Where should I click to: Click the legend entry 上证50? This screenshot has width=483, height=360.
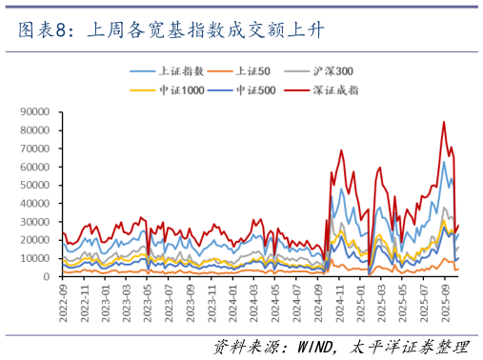coord(252,70)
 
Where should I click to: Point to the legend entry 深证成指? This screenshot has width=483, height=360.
coord(333,90)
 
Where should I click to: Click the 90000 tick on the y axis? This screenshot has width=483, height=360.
coord(35,111)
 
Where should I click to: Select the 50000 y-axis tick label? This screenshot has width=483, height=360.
coord(35,185)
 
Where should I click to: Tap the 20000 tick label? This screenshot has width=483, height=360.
coord(35,240)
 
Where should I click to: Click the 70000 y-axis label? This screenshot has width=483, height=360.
coord(35,149)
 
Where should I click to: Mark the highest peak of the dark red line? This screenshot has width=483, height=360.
coord(443,122)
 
